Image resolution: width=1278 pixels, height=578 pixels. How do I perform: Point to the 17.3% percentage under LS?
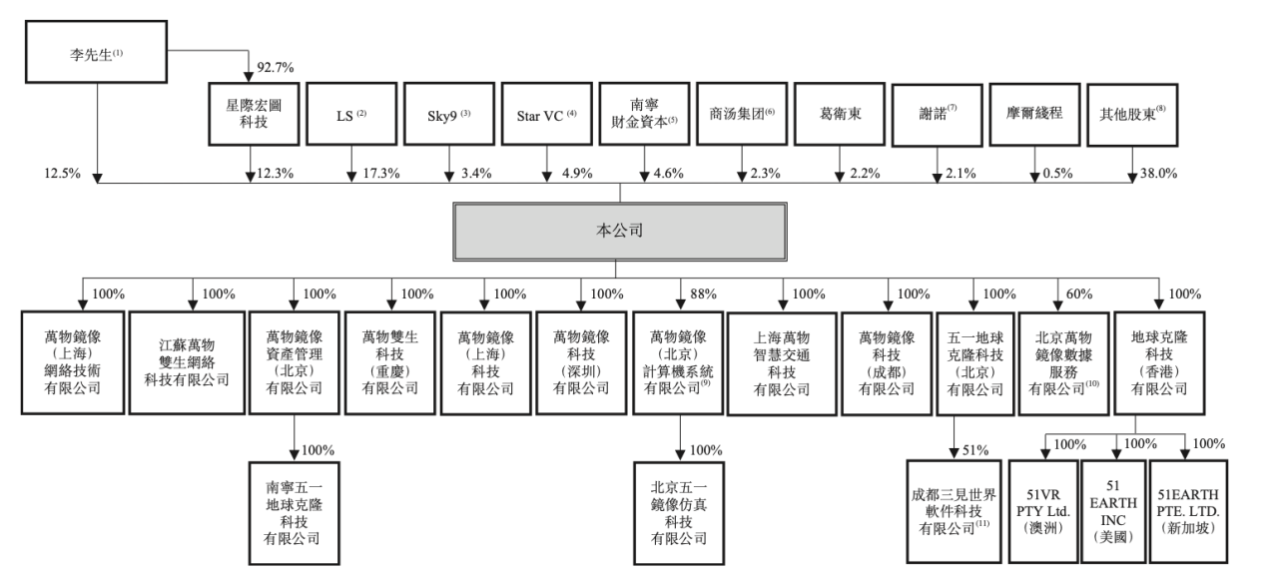coord(380,174)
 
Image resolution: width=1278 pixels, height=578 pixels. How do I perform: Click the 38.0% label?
coord(1158,174)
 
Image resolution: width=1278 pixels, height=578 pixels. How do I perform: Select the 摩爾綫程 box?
coord(1033,114)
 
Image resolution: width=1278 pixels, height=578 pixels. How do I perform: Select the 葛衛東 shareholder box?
coord(840,114)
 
